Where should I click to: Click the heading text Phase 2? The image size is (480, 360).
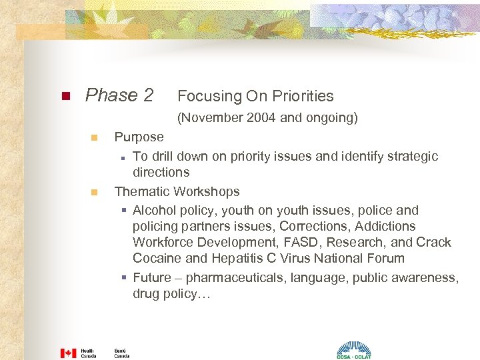(119, 95)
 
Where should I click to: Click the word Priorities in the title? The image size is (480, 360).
(299, 96)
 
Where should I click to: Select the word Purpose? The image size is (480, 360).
(139, 137)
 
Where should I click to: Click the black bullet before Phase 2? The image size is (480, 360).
(65, 96)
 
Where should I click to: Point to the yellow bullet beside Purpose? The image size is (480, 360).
(94, 137)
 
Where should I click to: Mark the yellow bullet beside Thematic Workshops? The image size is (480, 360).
(94, 192)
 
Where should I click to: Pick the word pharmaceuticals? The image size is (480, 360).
(237, 277)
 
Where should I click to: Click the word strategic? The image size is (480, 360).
(413, 156)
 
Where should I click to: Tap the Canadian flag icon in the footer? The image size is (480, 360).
(68, 353)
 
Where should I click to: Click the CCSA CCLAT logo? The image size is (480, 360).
(353, 351)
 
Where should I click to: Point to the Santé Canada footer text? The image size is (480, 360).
(121, 353)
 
